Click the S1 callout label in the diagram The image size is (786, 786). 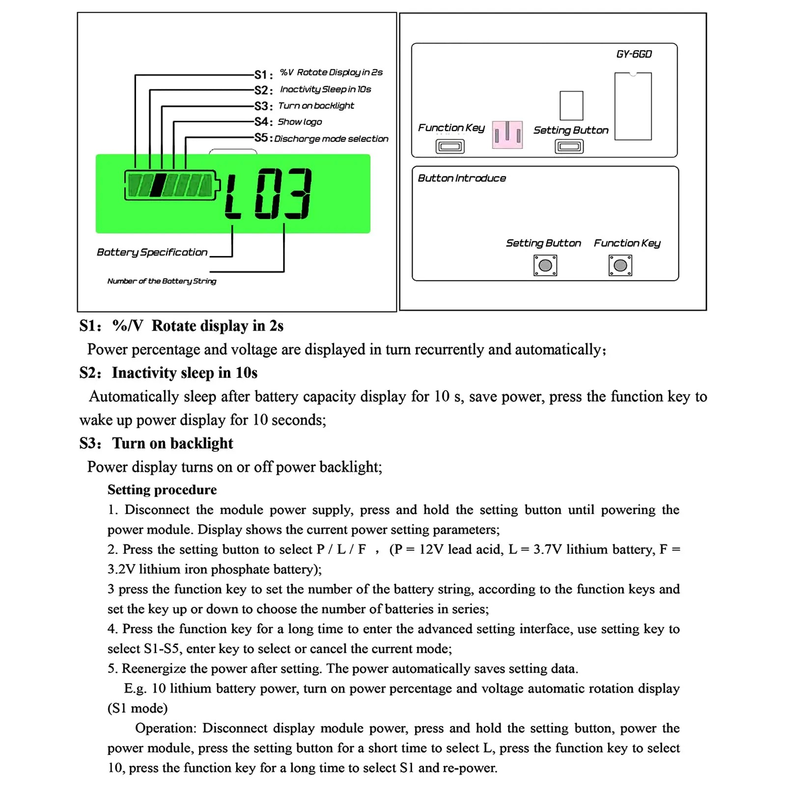263,75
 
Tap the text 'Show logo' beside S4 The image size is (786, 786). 300,122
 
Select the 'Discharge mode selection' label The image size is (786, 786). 331,139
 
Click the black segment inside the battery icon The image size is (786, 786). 157,185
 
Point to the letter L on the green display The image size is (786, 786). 233,194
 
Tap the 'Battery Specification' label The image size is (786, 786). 152,253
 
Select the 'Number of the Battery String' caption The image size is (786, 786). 162,281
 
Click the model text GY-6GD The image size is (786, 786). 634,54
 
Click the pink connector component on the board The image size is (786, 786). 507,135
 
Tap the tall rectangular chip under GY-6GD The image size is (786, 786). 633,106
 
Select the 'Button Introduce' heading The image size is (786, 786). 461,178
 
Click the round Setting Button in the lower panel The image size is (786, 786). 545,266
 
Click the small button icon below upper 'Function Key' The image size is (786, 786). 450,146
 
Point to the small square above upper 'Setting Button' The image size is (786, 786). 571,106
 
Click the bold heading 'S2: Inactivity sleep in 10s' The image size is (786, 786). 168,373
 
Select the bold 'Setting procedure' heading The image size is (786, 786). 162,490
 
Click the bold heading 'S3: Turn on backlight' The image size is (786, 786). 156,443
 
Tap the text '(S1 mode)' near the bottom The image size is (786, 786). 138,708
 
